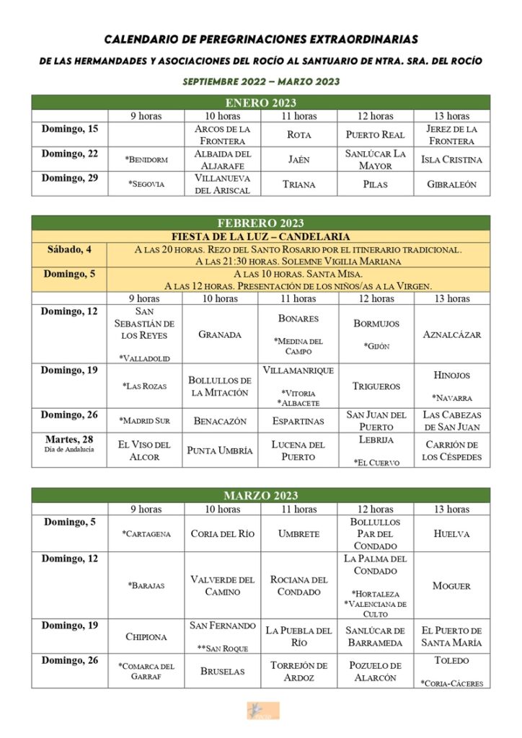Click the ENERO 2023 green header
[261, 103]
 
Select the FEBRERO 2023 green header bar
[261, 223]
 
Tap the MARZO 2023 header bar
[261, 496]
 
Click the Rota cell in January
[299, 135]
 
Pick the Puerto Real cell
[375, 135]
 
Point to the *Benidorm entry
[146, 159]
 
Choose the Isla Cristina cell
[452, 159]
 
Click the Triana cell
[299, 184]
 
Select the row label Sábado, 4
[69, 249]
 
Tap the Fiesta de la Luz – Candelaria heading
[261, 236]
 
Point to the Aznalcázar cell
[452, 335]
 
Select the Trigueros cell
[376, 386]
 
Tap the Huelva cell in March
[452, 534]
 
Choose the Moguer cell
[452, 586]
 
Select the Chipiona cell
[146, 637]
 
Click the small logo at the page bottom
[261, 711]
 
